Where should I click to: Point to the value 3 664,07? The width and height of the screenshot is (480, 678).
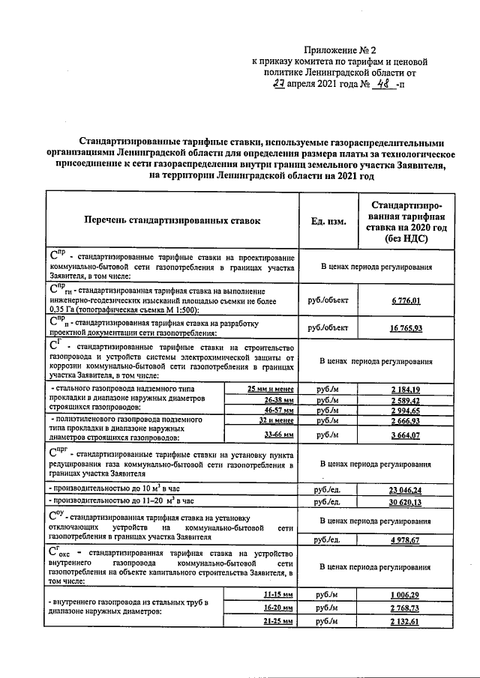coord(405,435)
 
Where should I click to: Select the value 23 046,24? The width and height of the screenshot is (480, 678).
coord(405,489)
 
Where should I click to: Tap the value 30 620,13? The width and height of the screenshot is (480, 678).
coord(405,501)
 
